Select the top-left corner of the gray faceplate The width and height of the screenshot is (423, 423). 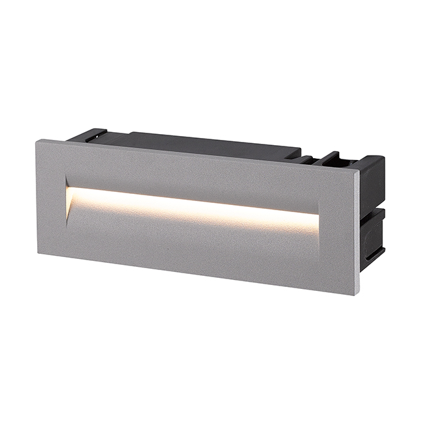tap(38, 141)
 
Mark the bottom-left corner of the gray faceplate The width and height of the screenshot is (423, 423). tap(39, 253)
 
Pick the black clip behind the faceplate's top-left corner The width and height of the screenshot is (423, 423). tap(88, 135)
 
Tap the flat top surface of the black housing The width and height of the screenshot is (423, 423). tap(208, 144)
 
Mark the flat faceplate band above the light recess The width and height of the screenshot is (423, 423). tap(195, 172)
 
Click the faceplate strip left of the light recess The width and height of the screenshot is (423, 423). tap(52, 198)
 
